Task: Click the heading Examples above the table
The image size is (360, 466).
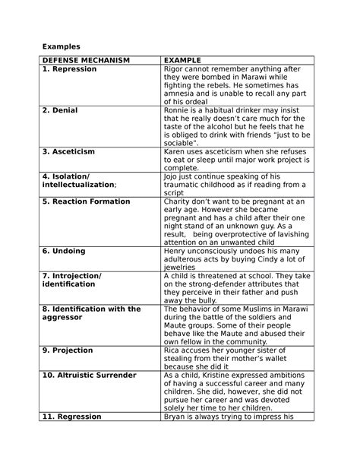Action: (x=62, y=46)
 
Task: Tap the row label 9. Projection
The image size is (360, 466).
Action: (x=68, y=350)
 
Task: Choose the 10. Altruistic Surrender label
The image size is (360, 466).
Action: (x=90, y=375)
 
